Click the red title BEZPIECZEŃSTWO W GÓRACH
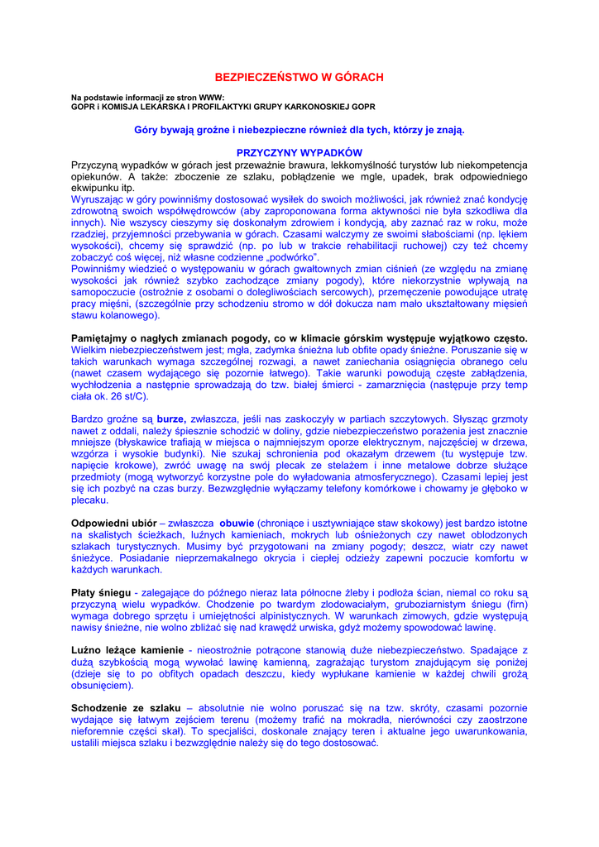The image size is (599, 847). [x=299, y=77]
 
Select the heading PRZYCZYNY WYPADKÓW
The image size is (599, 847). [x=299, y=153]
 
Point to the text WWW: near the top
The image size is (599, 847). [x=212, y=98]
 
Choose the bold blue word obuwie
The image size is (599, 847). [x=236, y=524]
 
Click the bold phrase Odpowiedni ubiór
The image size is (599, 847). [x=114, y=524]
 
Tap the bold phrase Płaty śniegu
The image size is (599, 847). [x=101, y=593]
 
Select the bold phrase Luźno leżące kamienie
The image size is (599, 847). [x=127, y=650]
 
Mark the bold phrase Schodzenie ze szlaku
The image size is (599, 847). [x=123, y=708]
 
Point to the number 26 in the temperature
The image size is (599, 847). [x=127, y=396]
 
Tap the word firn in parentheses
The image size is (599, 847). [x=506, y=605]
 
